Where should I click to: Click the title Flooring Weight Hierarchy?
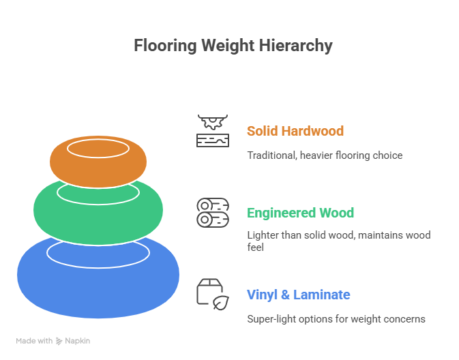[233, 46]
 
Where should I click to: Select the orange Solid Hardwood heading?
[295, 130]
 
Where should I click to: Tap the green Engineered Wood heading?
[300, 213]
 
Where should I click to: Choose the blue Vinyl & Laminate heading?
[298, 295]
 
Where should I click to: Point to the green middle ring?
[98, 211]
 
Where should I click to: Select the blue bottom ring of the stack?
[98, 280]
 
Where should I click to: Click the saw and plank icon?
[213, 131]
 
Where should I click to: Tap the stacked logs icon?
[213, 213]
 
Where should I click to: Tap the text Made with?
[34, 341]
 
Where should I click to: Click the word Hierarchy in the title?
[298, 46]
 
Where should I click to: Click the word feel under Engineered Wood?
[255, 248]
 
